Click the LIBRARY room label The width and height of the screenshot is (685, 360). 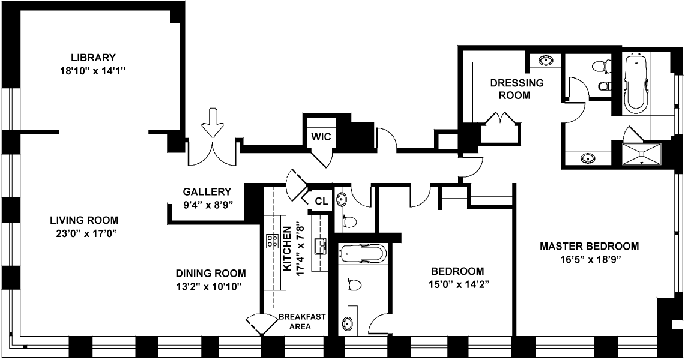click(x=92, y=58)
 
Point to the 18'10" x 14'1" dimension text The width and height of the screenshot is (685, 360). click(x=92, y=71)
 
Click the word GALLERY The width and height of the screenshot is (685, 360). click(x=207, y=192)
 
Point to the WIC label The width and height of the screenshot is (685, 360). click(x=321, y=136)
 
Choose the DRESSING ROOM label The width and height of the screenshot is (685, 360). click(x=516, y=89)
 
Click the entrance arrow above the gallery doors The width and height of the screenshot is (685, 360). click(x=211, y=122)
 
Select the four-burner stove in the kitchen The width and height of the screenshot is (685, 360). click(x=272, y=241)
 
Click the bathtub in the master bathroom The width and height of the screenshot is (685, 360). click(x=636, y=83)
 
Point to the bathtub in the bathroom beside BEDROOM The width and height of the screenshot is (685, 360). click(x=360, y=254)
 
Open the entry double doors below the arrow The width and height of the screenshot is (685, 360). click(x=212, y=154)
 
